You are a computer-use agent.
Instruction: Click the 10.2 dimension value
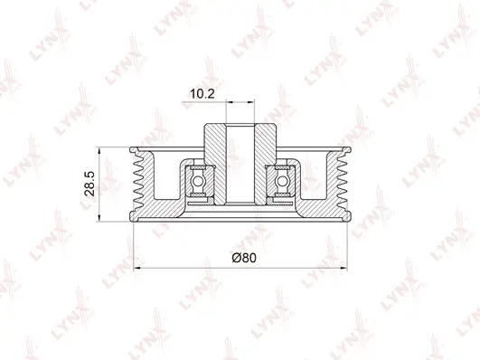coord(201,93)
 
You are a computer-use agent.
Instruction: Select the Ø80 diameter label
coord(242,258)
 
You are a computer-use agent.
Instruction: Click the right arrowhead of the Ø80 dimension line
coord(344,268)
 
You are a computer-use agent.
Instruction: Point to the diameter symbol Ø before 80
coord(234,258)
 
